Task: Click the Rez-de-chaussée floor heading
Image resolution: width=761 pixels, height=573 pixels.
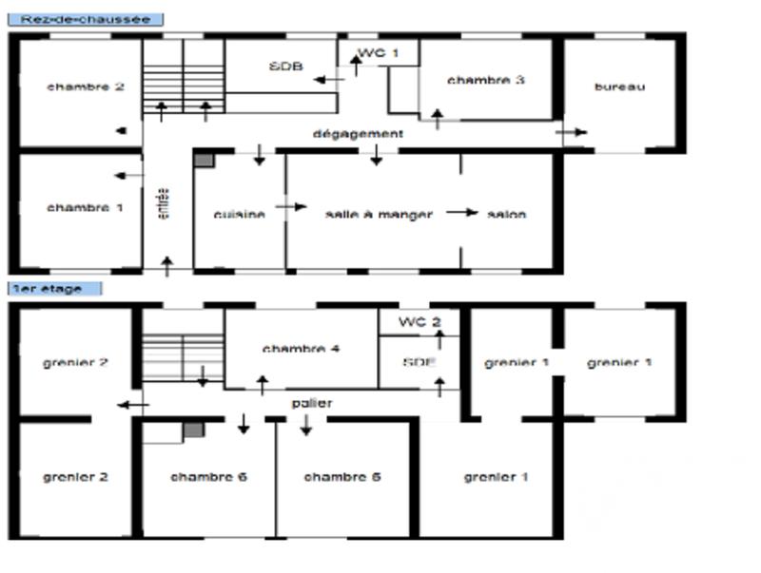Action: click(x=86, y=19)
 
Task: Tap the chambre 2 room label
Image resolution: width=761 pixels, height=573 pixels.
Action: click(x=85, y=86)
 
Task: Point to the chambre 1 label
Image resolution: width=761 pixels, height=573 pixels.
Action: click(x=85, y=207)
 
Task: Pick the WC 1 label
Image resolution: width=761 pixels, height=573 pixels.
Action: click(x=379, y=52)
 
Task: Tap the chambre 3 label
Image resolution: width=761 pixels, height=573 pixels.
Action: click(x=485, y=80)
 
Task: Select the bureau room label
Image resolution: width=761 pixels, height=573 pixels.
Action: click(x=619, y=86)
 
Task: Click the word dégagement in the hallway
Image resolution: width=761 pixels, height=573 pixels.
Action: click(x=358, y=134)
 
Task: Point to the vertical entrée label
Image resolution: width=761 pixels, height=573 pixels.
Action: click(x=162, y=203)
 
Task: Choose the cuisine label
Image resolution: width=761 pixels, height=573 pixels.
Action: click(x=239, y=215)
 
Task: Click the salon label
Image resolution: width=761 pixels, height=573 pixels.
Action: click(x=506, y=214)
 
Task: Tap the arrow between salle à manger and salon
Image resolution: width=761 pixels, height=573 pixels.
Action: click(x=462, y=212)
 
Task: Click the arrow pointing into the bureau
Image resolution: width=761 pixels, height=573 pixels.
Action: click(x=575, y=132)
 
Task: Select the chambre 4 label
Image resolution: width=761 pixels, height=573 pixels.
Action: click(x=301, y=349)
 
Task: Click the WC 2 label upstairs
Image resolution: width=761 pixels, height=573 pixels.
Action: click(x=419, y=321)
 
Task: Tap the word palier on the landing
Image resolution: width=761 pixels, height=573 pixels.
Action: click(x=312, y=403)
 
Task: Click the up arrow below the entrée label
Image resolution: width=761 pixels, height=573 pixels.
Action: click(x=167, y=265)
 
